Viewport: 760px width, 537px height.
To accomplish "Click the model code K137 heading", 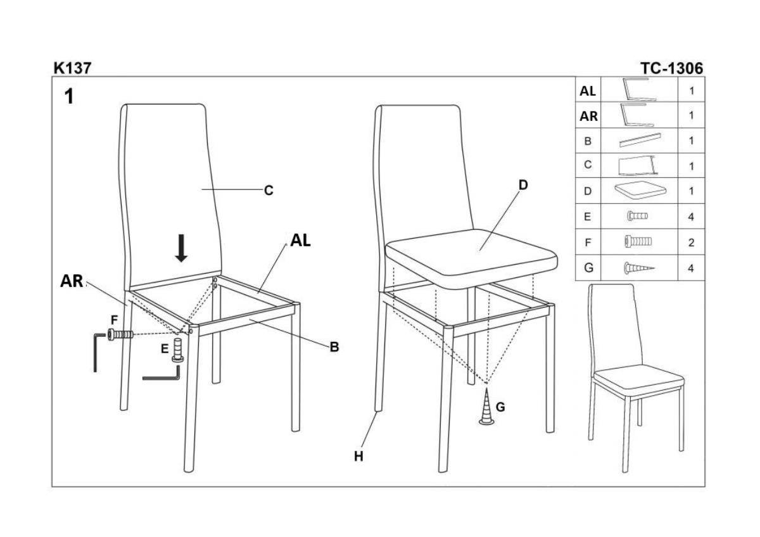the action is point(72,68).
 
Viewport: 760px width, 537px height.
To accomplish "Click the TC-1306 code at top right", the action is point(672,68).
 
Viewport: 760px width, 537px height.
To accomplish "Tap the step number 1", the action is point(69,96).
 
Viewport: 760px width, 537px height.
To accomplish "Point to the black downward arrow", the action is point(182,248).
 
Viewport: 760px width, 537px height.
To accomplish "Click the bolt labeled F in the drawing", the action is point(120,335).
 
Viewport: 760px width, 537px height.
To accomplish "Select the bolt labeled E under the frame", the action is point(178,350).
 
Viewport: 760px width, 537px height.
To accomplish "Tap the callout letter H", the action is point(358,457).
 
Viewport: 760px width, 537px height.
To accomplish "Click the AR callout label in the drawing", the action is point(72,281).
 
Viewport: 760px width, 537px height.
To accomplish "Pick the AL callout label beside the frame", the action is point(300,241).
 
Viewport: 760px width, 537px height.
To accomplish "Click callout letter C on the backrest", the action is point(269,191).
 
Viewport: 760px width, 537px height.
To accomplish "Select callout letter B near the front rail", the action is point(334,347).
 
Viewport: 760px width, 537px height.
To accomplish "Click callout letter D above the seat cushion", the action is point(524,185).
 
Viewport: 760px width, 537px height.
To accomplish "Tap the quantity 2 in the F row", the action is point(691,243).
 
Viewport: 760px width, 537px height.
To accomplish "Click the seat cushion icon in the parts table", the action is point(640,190).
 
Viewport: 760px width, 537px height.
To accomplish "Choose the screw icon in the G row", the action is point(639,268).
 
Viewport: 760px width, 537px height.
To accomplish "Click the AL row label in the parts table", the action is point(588,91).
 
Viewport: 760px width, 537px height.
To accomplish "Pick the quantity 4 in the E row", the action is point(691,217).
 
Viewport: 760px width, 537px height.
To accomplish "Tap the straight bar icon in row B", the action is point(640,140).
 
